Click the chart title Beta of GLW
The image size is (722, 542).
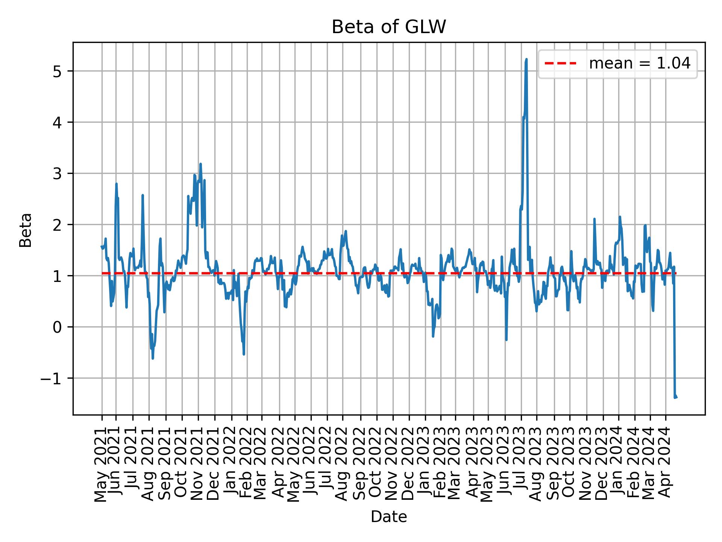coord(388,27)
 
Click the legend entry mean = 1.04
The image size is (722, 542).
coord(639,64)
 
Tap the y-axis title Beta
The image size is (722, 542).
coord(26,230)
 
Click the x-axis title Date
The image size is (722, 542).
coord(388,517)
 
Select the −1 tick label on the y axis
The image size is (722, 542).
coord(52,378)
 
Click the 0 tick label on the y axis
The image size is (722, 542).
coord(57,327)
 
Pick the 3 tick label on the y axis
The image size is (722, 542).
coord(57,174)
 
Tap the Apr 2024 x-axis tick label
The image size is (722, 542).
coord(666,465)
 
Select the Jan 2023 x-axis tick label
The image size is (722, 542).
coord(425,465)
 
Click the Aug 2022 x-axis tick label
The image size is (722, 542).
coord(343,465)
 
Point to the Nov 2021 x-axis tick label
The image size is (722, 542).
coord(198,465)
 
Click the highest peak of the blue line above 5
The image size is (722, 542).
coord(526,59)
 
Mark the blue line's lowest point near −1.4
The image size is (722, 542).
coord(675,397)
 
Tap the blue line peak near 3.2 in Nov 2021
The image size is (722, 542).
coord(200,164)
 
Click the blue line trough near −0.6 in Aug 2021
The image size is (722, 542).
coord(152,358)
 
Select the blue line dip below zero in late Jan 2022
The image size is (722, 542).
coord(244,354)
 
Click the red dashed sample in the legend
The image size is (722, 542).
coord(560,64)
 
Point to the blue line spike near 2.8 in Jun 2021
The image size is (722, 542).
coord(116,184)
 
